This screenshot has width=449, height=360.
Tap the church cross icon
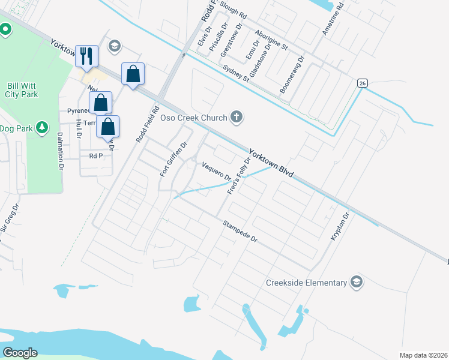coord(237,117)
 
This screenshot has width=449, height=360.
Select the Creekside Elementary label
coord(306,283)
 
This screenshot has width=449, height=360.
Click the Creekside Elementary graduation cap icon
coord(357,283)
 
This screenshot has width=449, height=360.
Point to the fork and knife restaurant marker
coord(86,56)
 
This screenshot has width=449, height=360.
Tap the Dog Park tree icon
coord(41,127)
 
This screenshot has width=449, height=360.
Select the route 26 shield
coord(361,83)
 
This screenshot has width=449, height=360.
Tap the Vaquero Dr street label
coord(216,171)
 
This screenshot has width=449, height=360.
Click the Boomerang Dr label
coord(292,76)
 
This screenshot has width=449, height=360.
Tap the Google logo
coord(20,353)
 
